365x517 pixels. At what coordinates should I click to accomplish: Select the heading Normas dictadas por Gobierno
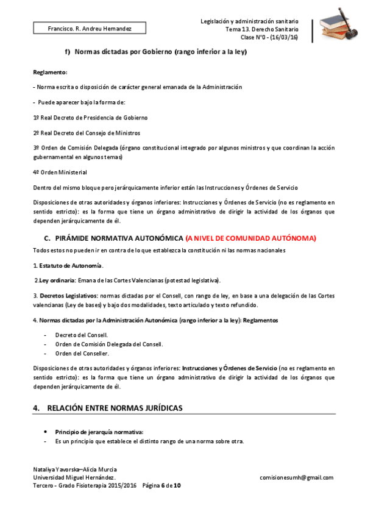point(160,52)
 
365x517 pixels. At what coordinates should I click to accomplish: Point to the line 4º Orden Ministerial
point(60,172)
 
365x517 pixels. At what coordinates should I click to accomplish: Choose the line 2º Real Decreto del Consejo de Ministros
point(87,132)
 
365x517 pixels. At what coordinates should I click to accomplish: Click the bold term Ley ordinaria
point(56,280)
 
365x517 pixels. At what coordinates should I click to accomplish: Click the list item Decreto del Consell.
point(81,335)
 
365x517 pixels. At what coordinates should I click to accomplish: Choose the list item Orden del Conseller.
point(82,353)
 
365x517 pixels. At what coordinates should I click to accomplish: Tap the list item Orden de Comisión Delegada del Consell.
point(109,344)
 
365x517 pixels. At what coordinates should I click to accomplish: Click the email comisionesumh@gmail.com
point(296,478)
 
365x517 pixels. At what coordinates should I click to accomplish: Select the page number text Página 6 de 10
point(161,486)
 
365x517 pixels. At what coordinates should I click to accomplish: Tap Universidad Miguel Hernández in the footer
point(74,478)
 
